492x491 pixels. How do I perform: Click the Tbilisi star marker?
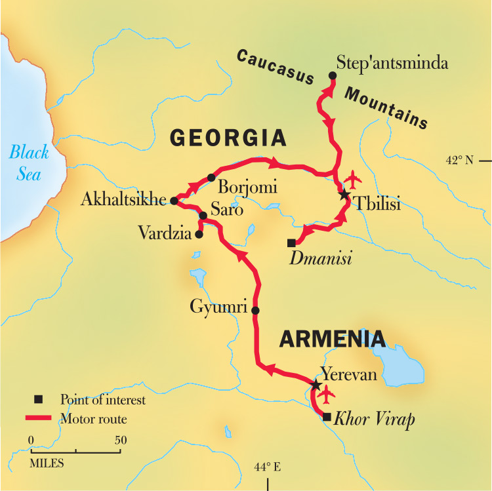click(344, 195)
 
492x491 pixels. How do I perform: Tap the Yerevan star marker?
click(316, 384)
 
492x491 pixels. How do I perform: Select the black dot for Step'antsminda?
click(333, 76)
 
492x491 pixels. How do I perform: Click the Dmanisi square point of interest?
click(291, 243)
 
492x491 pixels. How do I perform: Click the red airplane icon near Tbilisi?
click(353, 178)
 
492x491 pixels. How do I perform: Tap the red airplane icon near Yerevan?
click(325, 395)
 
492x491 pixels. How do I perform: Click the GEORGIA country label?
click(228, 138)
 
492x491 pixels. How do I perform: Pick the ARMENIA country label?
click(332, 339)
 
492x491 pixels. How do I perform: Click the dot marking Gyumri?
click(256, 311)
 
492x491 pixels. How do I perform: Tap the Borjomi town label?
click(247, 187)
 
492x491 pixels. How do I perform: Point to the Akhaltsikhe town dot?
click(174, 201)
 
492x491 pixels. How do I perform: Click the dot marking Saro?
click(203, 216)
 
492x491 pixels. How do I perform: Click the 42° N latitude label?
click(459, 160)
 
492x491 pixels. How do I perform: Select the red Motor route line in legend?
click(39, 418)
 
